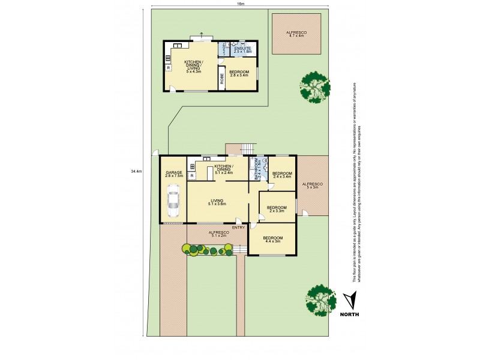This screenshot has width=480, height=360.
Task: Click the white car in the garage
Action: [x=173, y=201]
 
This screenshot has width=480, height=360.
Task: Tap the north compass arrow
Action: [x=350, y=300]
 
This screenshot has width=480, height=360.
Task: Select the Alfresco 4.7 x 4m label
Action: [x=296, y=34]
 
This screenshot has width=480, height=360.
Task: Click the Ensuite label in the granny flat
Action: [x=243, y=50]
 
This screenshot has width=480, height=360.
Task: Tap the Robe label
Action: [x=221, y=77]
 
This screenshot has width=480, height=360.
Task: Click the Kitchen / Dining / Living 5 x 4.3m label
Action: [x=193, y=67]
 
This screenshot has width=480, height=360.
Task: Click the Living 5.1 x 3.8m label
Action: [x=217, y=202]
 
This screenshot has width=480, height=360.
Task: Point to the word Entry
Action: [x=238, y=227]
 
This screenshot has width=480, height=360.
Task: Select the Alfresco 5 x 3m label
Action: [x=312, y=185]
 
